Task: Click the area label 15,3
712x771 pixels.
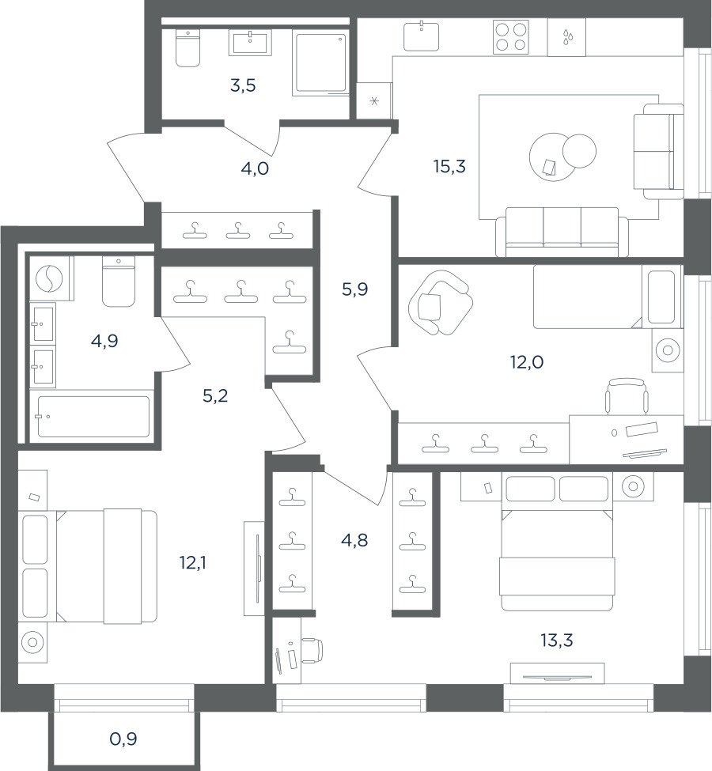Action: point(449,167)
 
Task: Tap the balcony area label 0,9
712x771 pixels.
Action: point(123,739)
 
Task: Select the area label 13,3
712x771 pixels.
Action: point(557,641)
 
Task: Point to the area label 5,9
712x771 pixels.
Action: point(354,289)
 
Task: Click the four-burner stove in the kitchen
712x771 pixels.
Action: point(511,37)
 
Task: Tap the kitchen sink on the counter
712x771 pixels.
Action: point(421,36)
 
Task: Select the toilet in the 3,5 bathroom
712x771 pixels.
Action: point(188,47)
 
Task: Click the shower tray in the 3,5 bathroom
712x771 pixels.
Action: point(320,62)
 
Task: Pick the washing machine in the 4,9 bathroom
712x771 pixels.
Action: point(49,279)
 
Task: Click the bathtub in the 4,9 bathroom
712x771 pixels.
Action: point(93,416)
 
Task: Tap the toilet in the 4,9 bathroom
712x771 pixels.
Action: point(118,282)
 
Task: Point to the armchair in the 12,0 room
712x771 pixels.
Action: point(441,303)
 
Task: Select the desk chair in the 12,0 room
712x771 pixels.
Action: point(627,396)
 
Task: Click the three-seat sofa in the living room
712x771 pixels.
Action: point(562,232)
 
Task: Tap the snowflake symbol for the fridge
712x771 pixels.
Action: point(374,102)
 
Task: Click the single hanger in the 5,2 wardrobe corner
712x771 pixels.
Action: point(290,342)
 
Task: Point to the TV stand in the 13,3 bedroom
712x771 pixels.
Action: point(558,673)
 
